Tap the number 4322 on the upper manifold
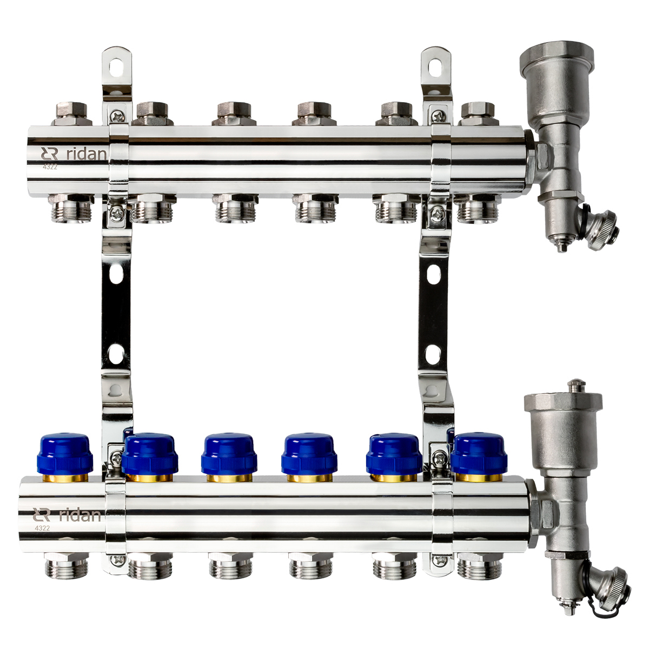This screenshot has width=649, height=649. coord(49,168)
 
